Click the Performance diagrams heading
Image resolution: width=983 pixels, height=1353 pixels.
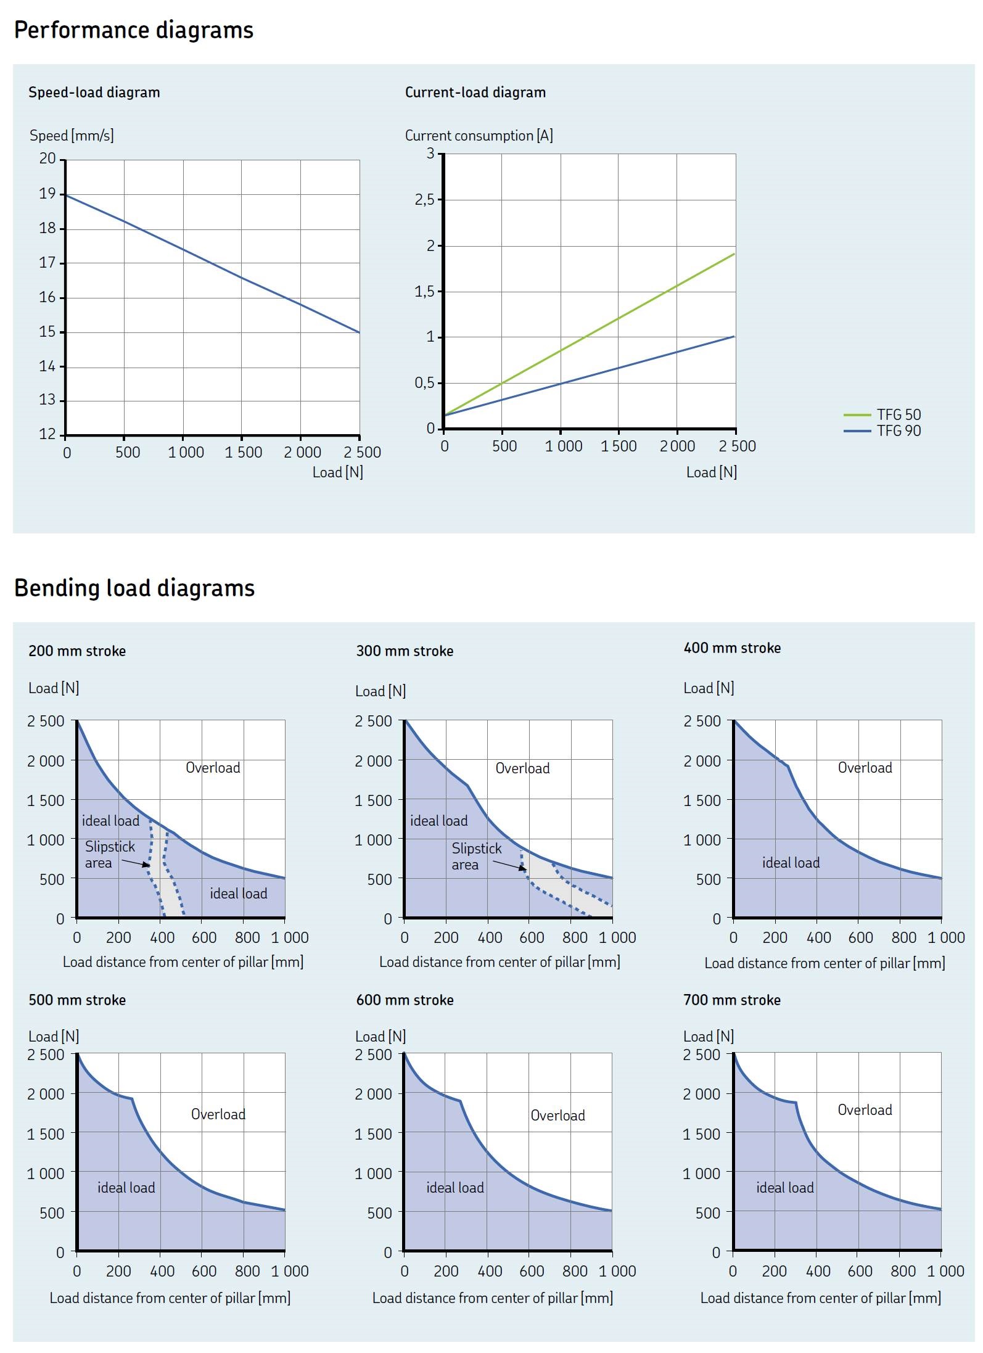(133, 30)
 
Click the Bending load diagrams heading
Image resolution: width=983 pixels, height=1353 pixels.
(134, 588)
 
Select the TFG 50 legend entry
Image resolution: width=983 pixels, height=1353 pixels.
(899, 414)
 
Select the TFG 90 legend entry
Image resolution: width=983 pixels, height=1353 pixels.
(899, 430)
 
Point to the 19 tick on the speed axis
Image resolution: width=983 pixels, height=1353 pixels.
(47, 194)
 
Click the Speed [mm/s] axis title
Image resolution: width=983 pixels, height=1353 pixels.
(72, 136)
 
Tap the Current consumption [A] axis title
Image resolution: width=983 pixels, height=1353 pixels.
(479, 136)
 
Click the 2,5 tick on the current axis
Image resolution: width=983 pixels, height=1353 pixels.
(424, 199)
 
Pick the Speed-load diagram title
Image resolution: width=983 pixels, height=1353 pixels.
(94, 93)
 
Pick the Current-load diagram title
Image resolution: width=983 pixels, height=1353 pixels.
(475, 93)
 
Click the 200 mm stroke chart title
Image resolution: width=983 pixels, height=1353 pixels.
(77, 651)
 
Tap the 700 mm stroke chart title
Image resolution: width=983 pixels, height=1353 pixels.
(732, 1000)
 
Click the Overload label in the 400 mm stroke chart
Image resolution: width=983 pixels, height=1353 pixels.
(865, 768)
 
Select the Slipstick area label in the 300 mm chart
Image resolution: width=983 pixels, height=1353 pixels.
(476, 856)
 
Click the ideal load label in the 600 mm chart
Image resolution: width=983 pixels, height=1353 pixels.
(455, 1188)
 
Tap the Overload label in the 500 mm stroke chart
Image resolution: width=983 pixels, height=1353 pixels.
(218, 1114)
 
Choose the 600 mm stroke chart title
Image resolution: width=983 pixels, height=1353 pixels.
(405, 1000)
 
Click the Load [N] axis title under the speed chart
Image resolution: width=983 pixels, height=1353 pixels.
(337, 472)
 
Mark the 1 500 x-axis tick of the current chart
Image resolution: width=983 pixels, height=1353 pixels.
(619, 446)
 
